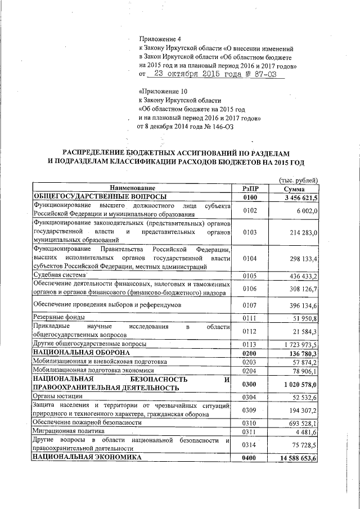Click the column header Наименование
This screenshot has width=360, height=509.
(132, 188)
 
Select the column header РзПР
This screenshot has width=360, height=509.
(250, 188)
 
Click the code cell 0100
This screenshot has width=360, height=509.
(250, 197)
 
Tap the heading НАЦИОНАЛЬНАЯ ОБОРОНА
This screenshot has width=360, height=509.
(75, 352)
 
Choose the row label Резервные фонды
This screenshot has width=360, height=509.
(58, 318)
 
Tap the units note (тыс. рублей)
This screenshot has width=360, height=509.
(299, 179)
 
